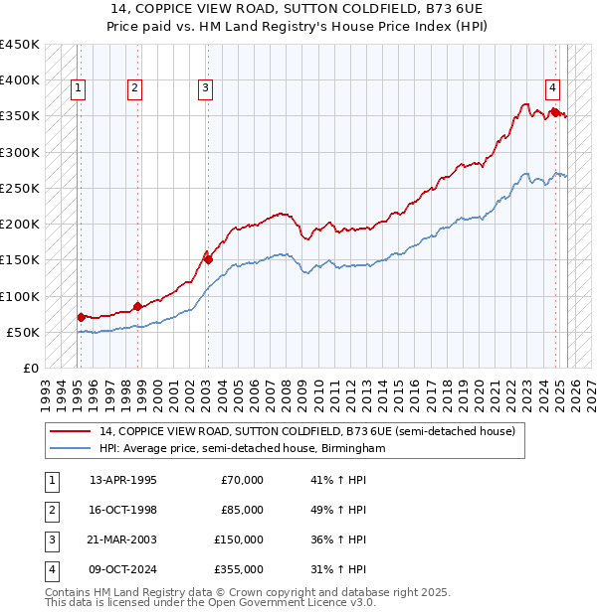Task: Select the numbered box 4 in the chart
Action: tap(552, 85)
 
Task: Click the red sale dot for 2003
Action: tap(208, 259)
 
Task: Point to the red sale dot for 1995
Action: tap(81, 317)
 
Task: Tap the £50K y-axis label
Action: tap(24, 332)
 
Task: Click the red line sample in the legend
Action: tap(70, 432)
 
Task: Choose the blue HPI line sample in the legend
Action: tap(70, 449)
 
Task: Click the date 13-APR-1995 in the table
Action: tap(123, 480)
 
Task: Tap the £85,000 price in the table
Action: tap(242, 510)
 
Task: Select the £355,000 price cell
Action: tap(239, 569)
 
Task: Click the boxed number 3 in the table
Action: tap(50, 539)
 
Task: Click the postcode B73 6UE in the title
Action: tap(452, 8)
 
